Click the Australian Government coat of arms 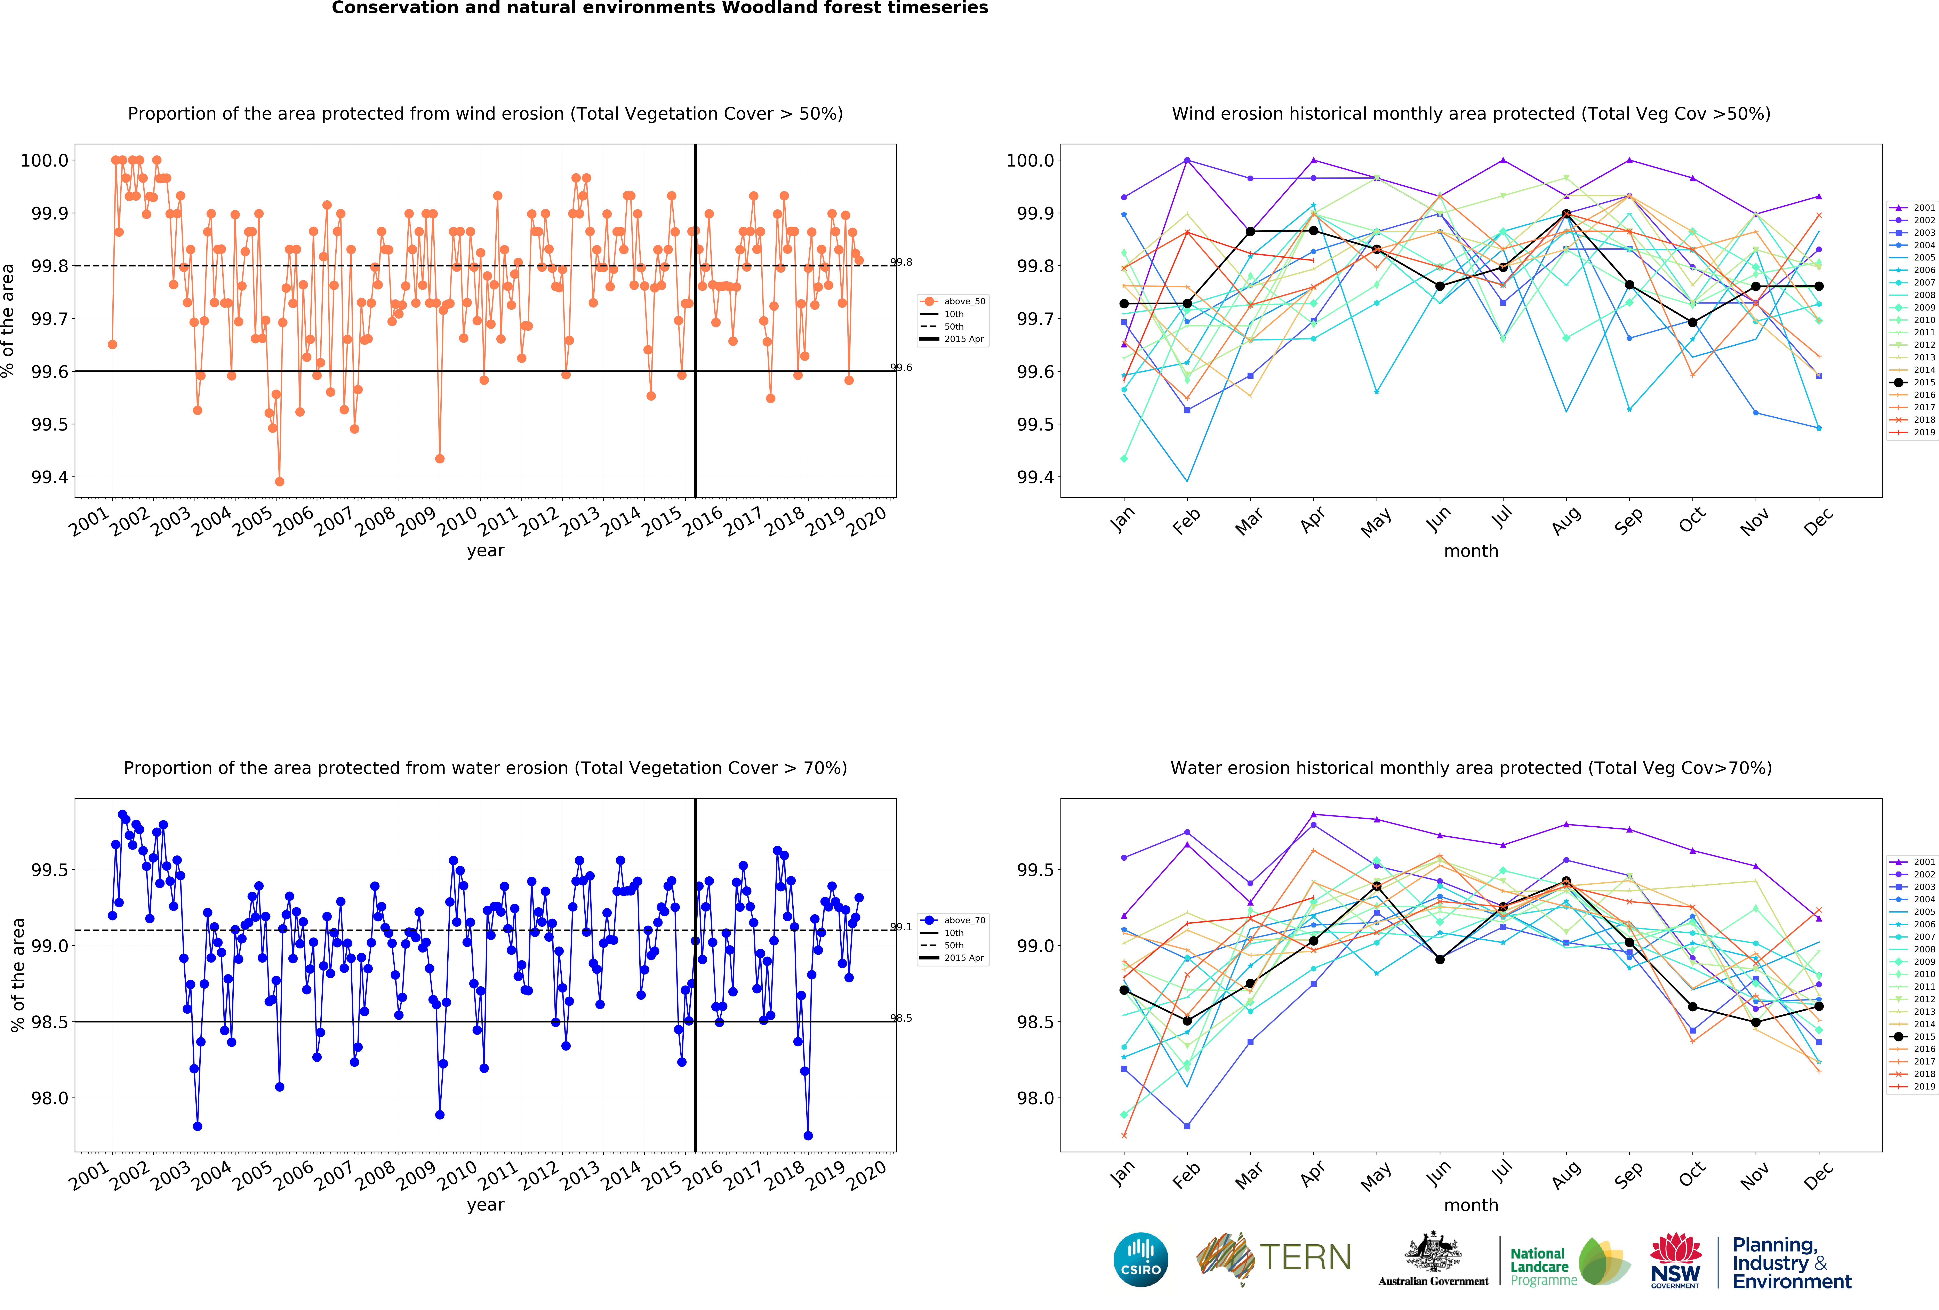coord(1433,1252)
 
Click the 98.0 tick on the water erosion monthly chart coord(1035,1098)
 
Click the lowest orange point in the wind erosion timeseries coord(280,481)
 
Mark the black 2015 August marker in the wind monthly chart coord(1566,215)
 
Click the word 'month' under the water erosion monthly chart coord(1471,1205)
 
